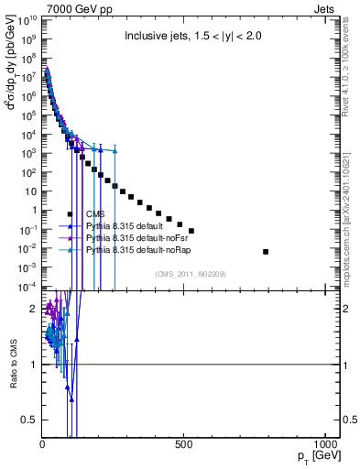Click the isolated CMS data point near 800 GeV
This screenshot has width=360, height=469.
[x=266, y=251]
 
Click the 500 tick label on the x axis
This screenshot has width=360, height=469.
[x=184, y=444]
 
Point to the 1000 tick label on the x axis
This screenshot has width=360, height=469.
[x=325, y=444]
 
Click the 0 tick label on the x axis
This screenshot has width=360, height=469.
[x=43, y=444]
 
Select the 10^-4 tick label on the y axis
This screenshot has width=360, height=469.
[x=27, y=287]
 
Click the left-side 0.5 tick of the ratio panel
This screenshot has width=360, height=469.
[x=31, y=420]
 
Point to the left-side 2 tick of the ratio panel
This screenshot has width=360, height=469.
[x=35, y=308]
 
